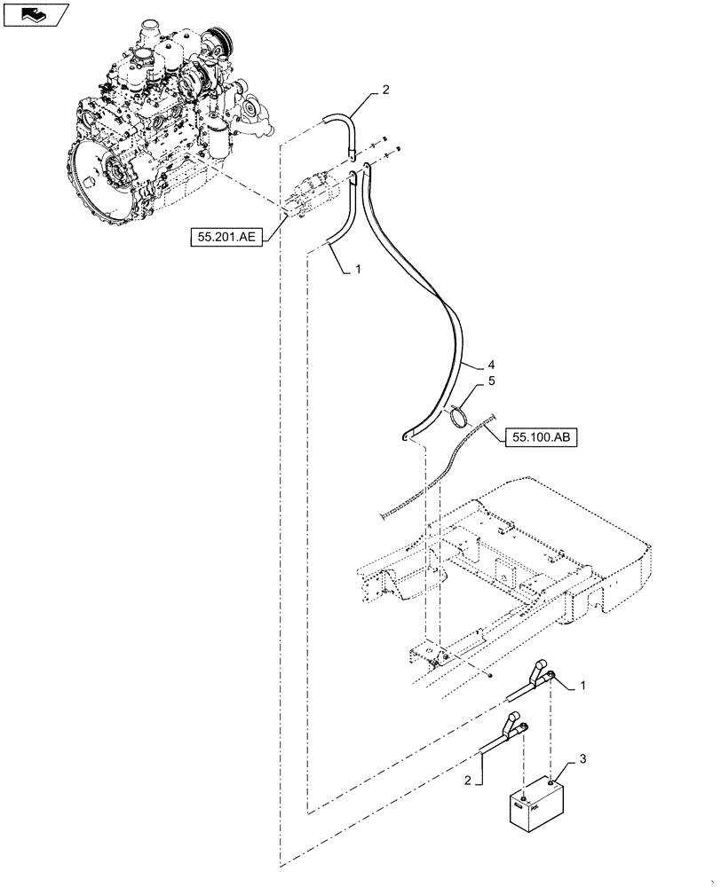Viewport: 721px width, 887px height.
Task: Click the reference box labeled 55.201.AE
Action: point(225,236)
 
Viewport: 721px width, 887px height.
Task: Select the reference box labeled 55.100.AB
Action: point(542,436)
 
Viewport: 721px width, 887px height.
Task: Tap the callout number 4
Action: point(492,365)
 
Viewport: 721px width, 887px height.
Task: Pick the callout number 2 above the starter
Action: point(385,90)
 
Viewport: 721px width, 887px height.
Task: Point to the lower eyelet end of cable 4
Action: point(404,436)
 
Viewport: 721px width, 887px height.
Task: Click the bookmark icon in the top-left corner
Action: point(36,13)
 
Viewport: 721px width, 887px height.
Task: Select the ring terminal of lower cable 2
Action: point(525,726)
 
